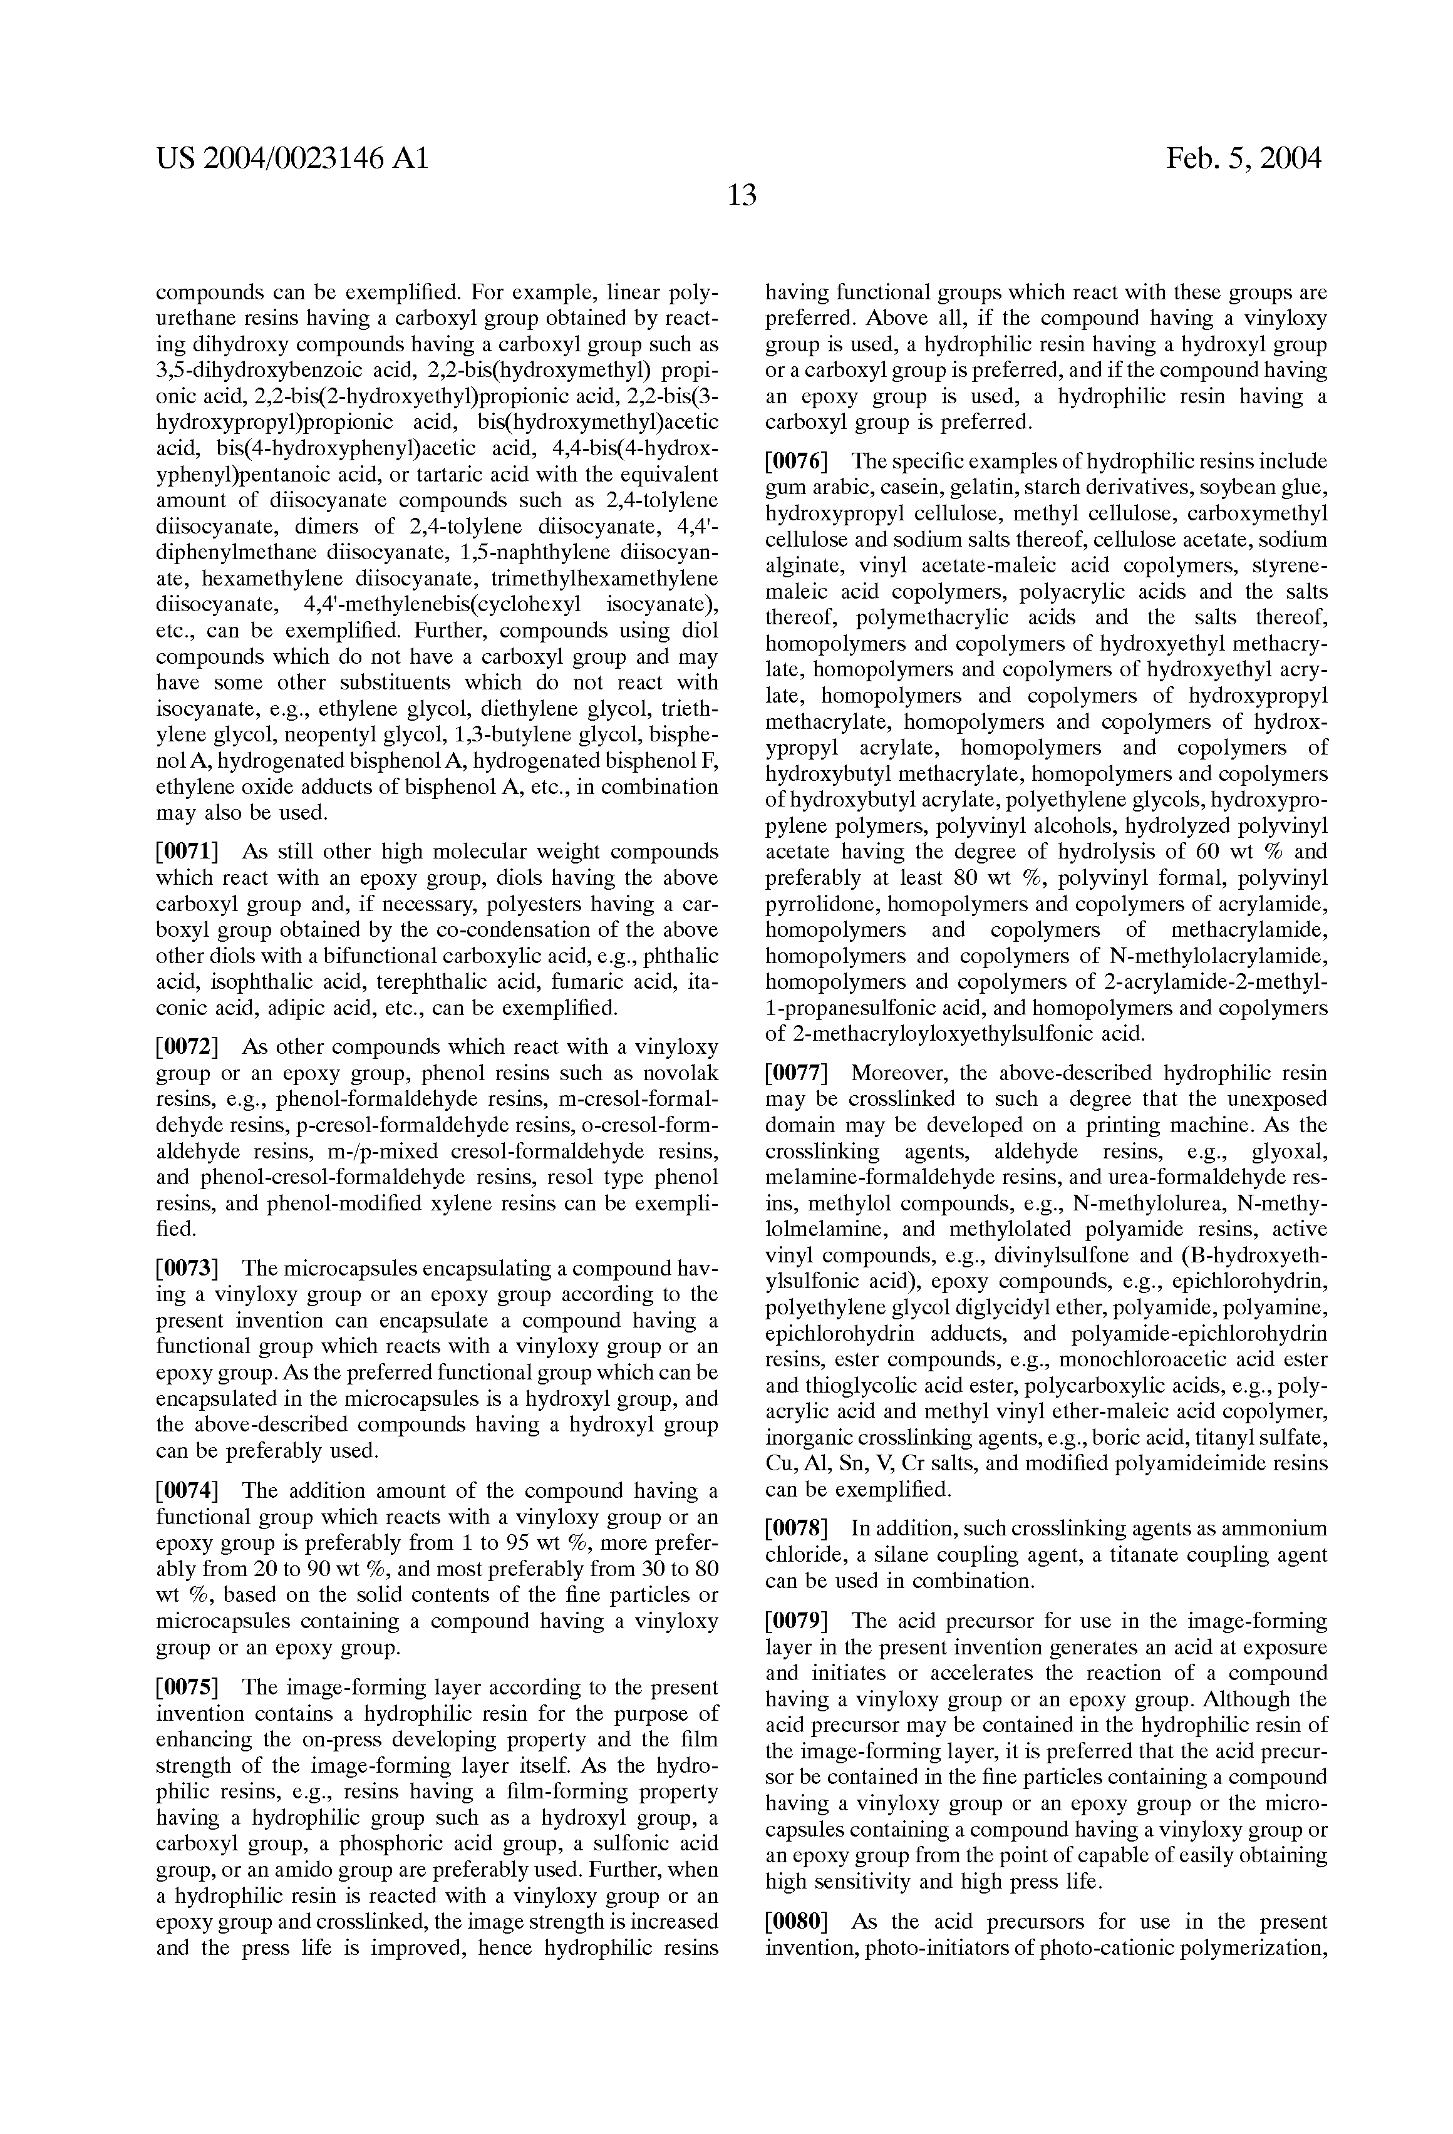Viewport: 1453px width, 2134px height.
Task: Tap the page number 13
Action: click(741, 195)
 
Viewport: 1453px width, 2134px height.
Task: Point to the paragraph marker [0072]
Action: click(187, 1048)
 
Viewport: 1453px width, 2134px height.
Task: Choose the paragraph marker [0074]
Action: click(187, 1490)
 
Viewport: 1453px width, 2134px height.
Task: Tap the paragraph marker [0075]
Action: click(187, 1688)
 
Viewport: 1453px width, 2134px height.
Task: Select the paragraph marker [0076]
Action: click(797, 461)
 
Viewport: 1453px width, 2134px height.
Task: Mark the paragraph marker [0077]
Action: click(797, 1073)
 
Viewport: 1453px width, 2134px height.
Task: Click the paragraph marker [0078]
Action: click(797, 1529)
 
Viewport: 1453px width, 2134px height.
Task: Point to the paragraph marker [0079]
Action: click(797, 1621)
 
